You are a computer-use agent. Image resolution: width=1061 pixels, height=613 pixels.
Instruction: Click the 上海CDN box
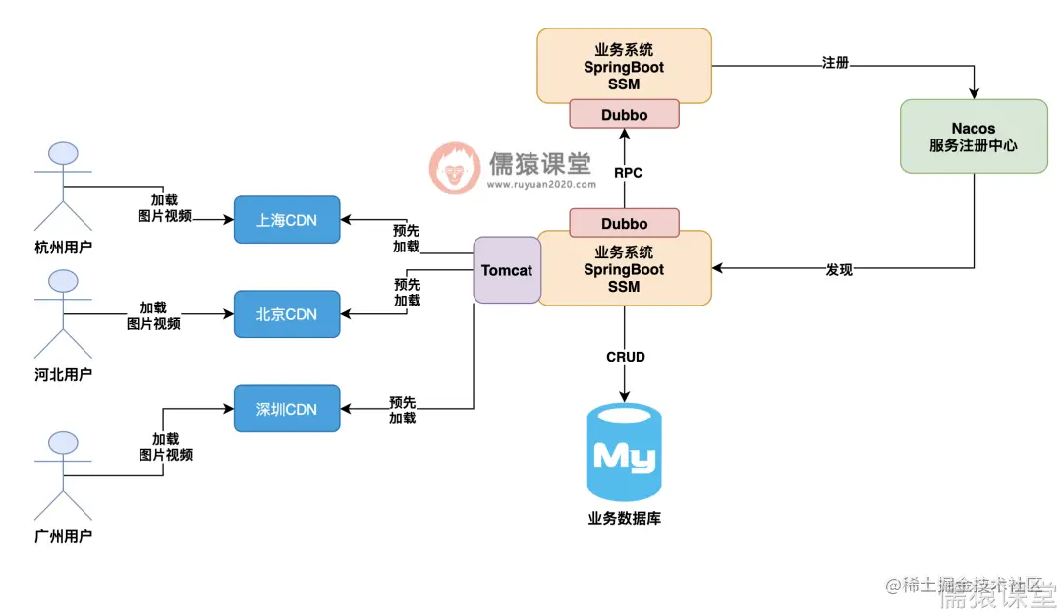[x=287, y=220]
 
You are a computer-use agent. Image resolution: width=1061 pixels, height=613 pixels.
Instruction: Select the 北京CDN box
[x=287, y=314]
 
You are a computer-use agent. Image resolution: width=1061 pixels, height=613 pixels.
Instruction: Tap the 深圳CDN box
[x=287, y=409]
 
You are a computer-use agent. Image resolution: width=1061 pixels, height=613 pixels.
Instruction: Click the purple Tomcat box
[x=507, y=270]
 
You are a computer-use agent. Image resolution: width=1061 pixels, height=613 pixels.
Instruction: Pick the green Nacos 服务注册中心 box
[x=974, y=137]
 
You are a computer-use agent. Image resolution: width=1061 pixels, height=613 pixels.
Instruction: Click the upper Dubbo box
[x=625, y=114]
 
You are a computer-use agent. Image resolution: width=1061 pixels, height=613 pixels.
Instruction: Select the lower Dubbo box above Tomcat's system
[x=625, y=223]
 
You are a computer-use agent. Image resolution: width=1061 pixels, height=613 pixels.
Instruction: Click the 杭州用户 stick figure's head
[x=64, y=154]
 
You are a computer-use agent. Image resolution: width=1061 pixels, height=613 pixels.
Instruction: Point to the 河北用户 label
[x=63, y=374]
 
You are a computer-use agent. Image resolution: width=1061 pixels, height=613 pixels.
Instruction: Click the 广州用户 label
[x=63, y=535]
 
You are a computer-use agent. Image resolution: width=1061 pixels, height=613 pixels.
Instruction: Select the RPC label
[x=628, y=173]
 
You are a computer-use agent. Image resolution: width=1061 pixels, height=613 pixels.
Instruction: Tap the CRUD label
[x=626, y=357]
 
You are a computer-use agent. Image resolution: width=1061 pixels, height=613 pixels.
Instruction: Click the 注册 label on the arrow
[x=835, y=63]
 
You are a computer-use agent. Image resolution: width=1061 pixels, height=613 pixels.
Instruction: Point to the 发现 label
[x=839, y=269]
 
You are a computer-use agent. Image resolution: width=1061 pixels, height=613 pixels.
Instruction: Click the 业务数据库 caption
[x=624, y=518]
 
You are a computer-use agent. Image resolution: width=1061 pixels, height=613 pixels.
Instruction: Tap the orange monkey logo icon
[x=454, y=167]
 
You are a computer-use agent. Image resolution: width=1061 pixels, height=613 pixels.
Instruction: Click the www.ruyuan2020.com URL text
[x=540, y=184]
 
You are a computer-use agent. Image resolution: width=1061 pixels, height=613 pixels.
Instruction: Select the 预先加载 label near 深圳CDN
[x=403, y=410]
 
